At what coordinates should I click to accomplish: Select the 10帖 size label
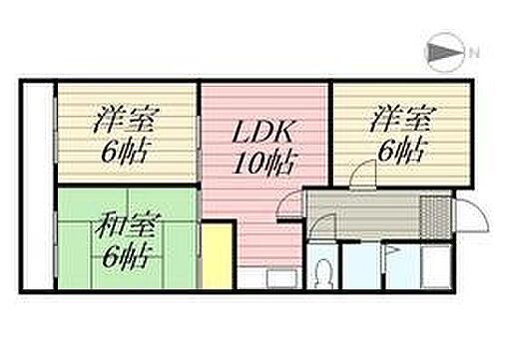[x=265, y=164]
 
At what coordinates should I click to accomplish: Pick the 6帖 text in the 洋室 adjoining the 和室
[x=124, y=152]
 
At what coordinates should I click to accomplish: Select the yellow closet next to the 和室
[x=216, y=254]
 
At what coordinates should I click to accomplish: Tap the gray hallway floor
[x=359, y=212]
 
